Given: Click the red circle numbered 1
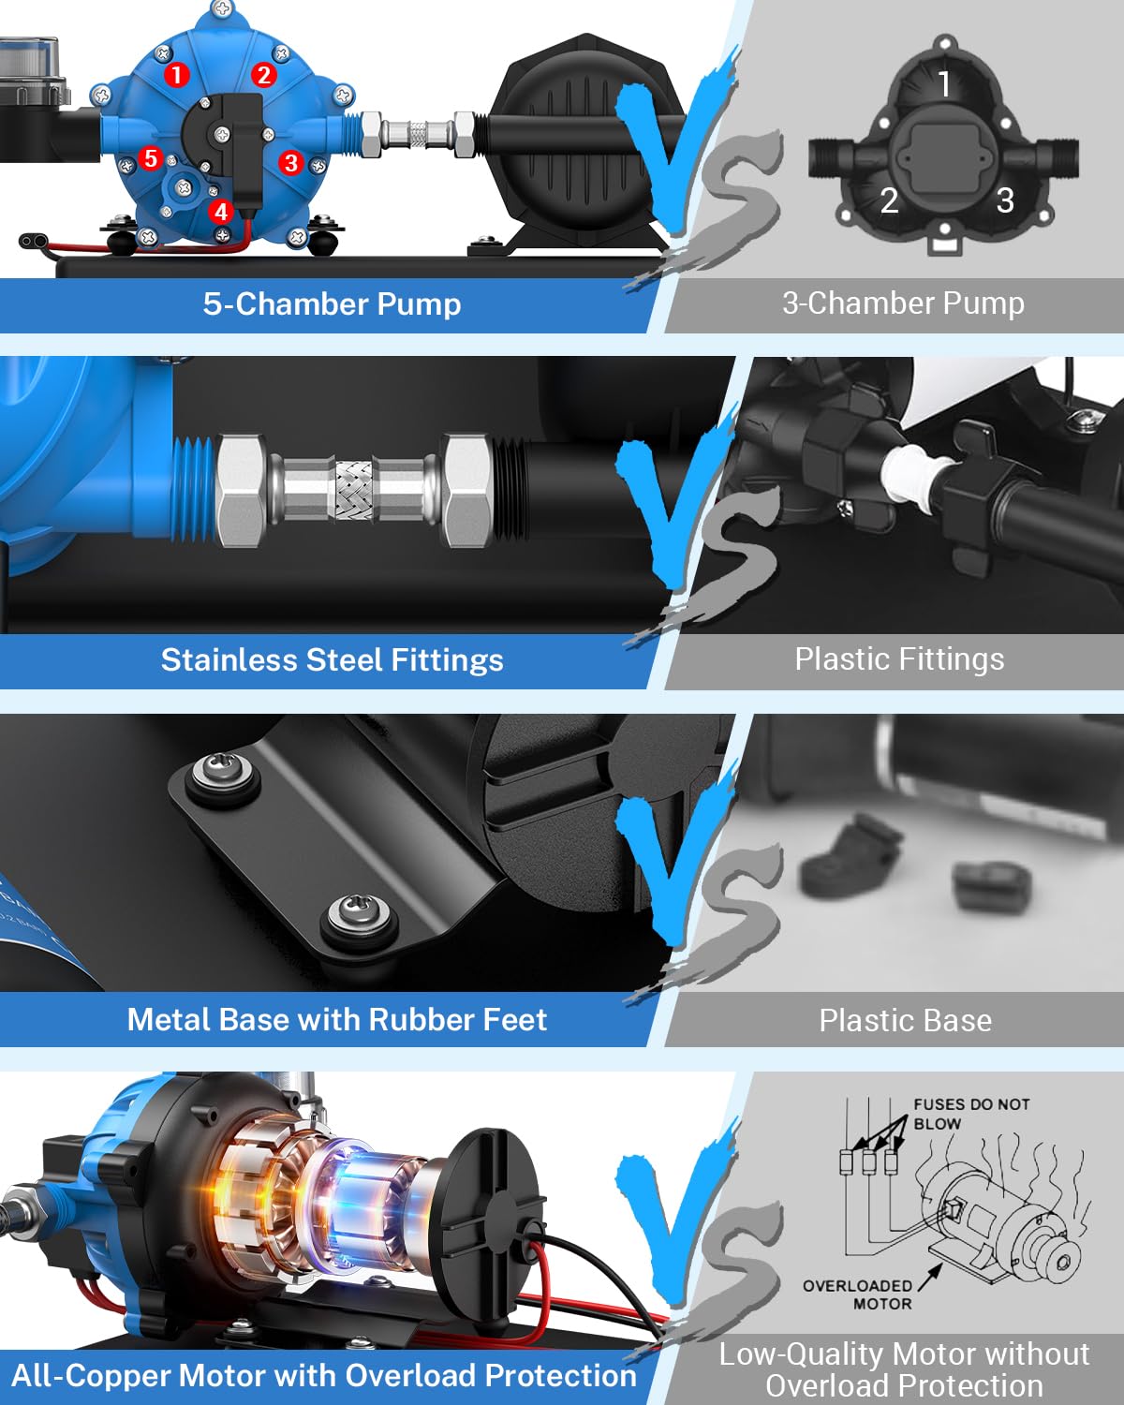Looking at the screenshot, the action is pyautogui.click(x=176, y=75).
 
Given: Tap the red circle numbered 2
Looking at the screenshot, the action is pyautogui.click(x=263, y=75).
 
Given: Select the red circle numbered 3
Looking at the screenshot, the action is pyautogui.click(x=291, y=163).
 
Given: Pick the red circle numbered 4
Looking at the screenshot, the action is pyautogui.click(x=221, y=212).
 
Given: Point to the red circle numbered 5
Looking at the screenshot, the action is pyautogui.click(x=151, y=158).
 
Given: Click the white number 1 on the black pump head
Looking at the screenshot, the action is pyautogui.click(x=944, y=84).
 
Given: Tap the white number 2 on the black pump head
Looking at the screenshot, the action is pyautogui.click(x=889, y=200).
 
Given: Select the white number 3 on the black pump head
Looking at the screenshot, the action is pyautogui.click(x=1006, y=200).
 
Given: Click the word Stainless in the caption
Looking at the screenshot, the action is pyautogui.click(x=229, y=659).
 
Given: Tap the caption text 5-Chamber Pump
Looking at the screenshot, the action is pyautogui.click(x=332, y=304).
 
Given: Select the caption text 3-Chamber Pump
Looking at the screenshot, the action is pyautogui.click(x=903, y=303).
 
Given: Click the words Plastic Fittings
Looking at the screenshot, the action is pyautogui.click(x=899, y=659).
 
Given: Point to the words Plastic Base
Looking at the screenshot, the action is pyautogui.click(x=905, y=1020).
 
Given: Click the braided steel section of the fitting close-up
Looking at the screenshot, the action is pyautogui.click(x=354, y=491).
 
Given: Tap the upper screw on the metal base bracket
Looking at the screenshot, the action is pyautogui.click(x=221, y=772).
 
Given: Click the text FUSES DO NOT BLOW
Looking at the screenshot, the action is pyautogui.click(x=971, y=1114).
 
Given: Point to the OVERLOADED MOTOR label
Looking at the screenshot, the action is pyautogui.click(x=858, y=1294).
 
